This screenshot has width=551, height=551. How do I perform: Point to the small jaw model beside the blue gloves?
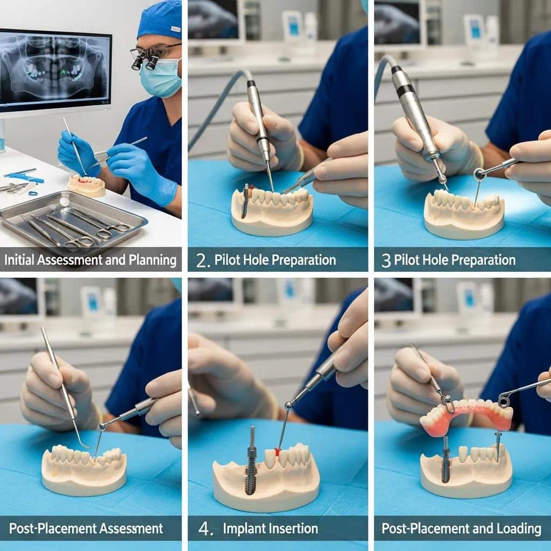[x=87, y=186]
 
